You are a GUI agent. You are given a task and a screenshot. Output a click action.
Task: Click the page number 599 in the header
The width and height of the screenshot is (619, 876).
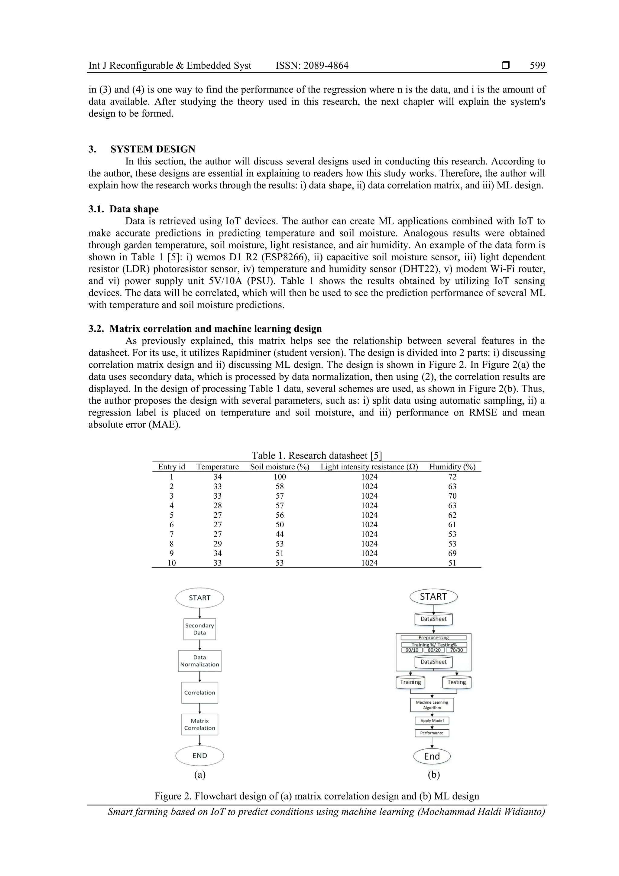(537, 66)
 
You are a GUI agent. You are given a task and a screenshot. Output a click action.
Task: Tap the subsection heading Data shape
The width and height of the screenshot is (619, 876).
(134, 209)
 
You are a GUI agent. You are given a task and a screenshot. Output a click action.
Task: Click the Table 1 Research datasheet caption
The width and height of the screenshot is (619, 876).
(316, 456)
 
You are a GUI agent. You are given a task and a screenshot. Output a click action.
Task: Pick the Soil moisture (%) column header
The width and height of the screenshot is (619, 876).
(280, 467)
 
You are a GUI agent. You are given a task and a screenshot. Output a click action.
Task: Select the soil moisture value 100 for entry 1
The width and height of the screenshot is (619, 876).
(280, 477)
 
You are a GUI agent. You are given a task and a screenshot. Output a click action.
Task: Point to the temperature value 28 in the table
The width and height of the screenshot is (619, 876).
(217, 506)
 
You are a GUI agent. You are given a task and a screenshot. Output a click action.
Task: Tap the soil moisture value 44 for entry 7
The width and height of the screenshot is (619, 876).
(280, 534)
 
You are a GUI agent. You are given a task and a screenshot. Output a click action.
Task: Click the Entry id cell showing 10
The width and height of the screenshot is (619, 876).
(172, 563)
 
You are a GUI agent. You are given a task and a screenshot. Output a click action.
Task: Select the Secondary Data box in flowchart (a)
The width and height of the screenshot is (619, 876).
(199, 629)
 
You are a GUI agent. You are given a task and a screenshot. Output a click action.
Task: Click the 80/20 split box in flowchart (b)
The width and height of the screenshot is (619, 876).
(434, 650)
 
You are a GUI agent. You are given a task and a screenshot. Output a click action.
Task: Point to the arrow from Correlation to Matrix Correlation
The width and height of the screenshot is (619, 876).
(199, 708)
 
